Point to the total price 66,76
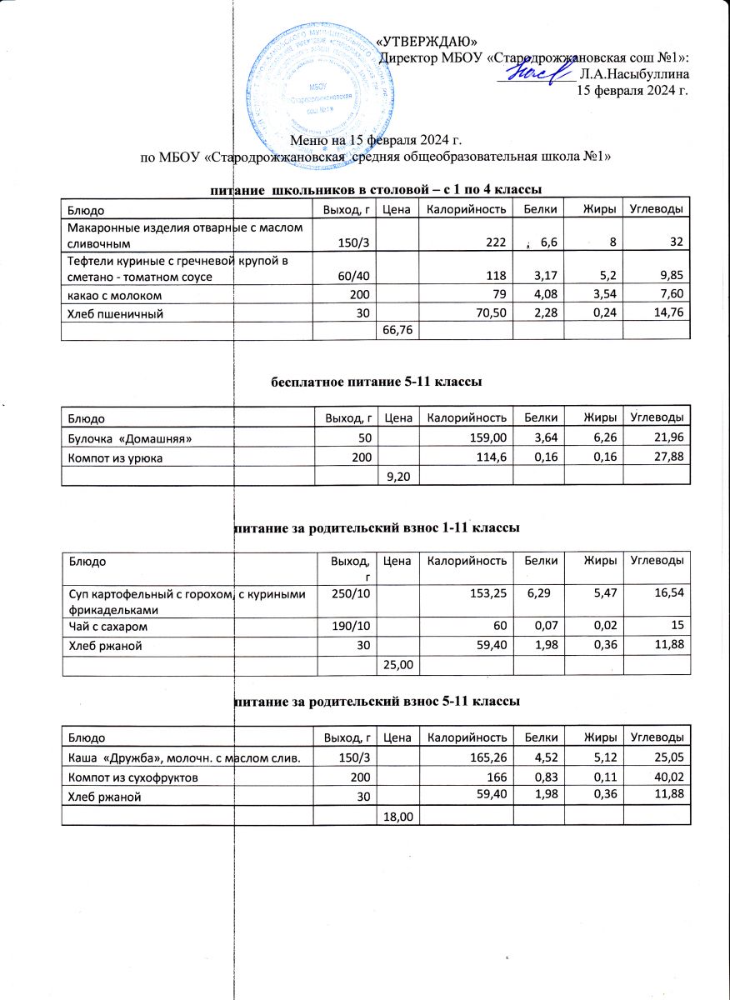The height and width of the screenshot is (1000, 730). [x=397, y=331]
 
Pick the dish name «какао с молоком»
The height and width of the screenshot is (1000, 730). [x=108, y=295]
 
